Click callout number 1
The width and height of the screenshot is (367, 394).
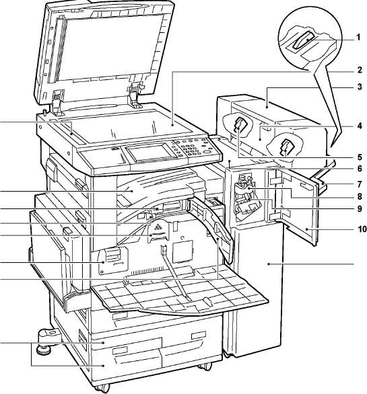(x=358, y=38)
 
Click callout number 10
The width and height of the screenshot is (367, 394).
(x=362, y=229)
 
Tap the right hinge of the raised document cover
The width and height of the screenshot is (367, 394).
(x=135, y=95)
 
